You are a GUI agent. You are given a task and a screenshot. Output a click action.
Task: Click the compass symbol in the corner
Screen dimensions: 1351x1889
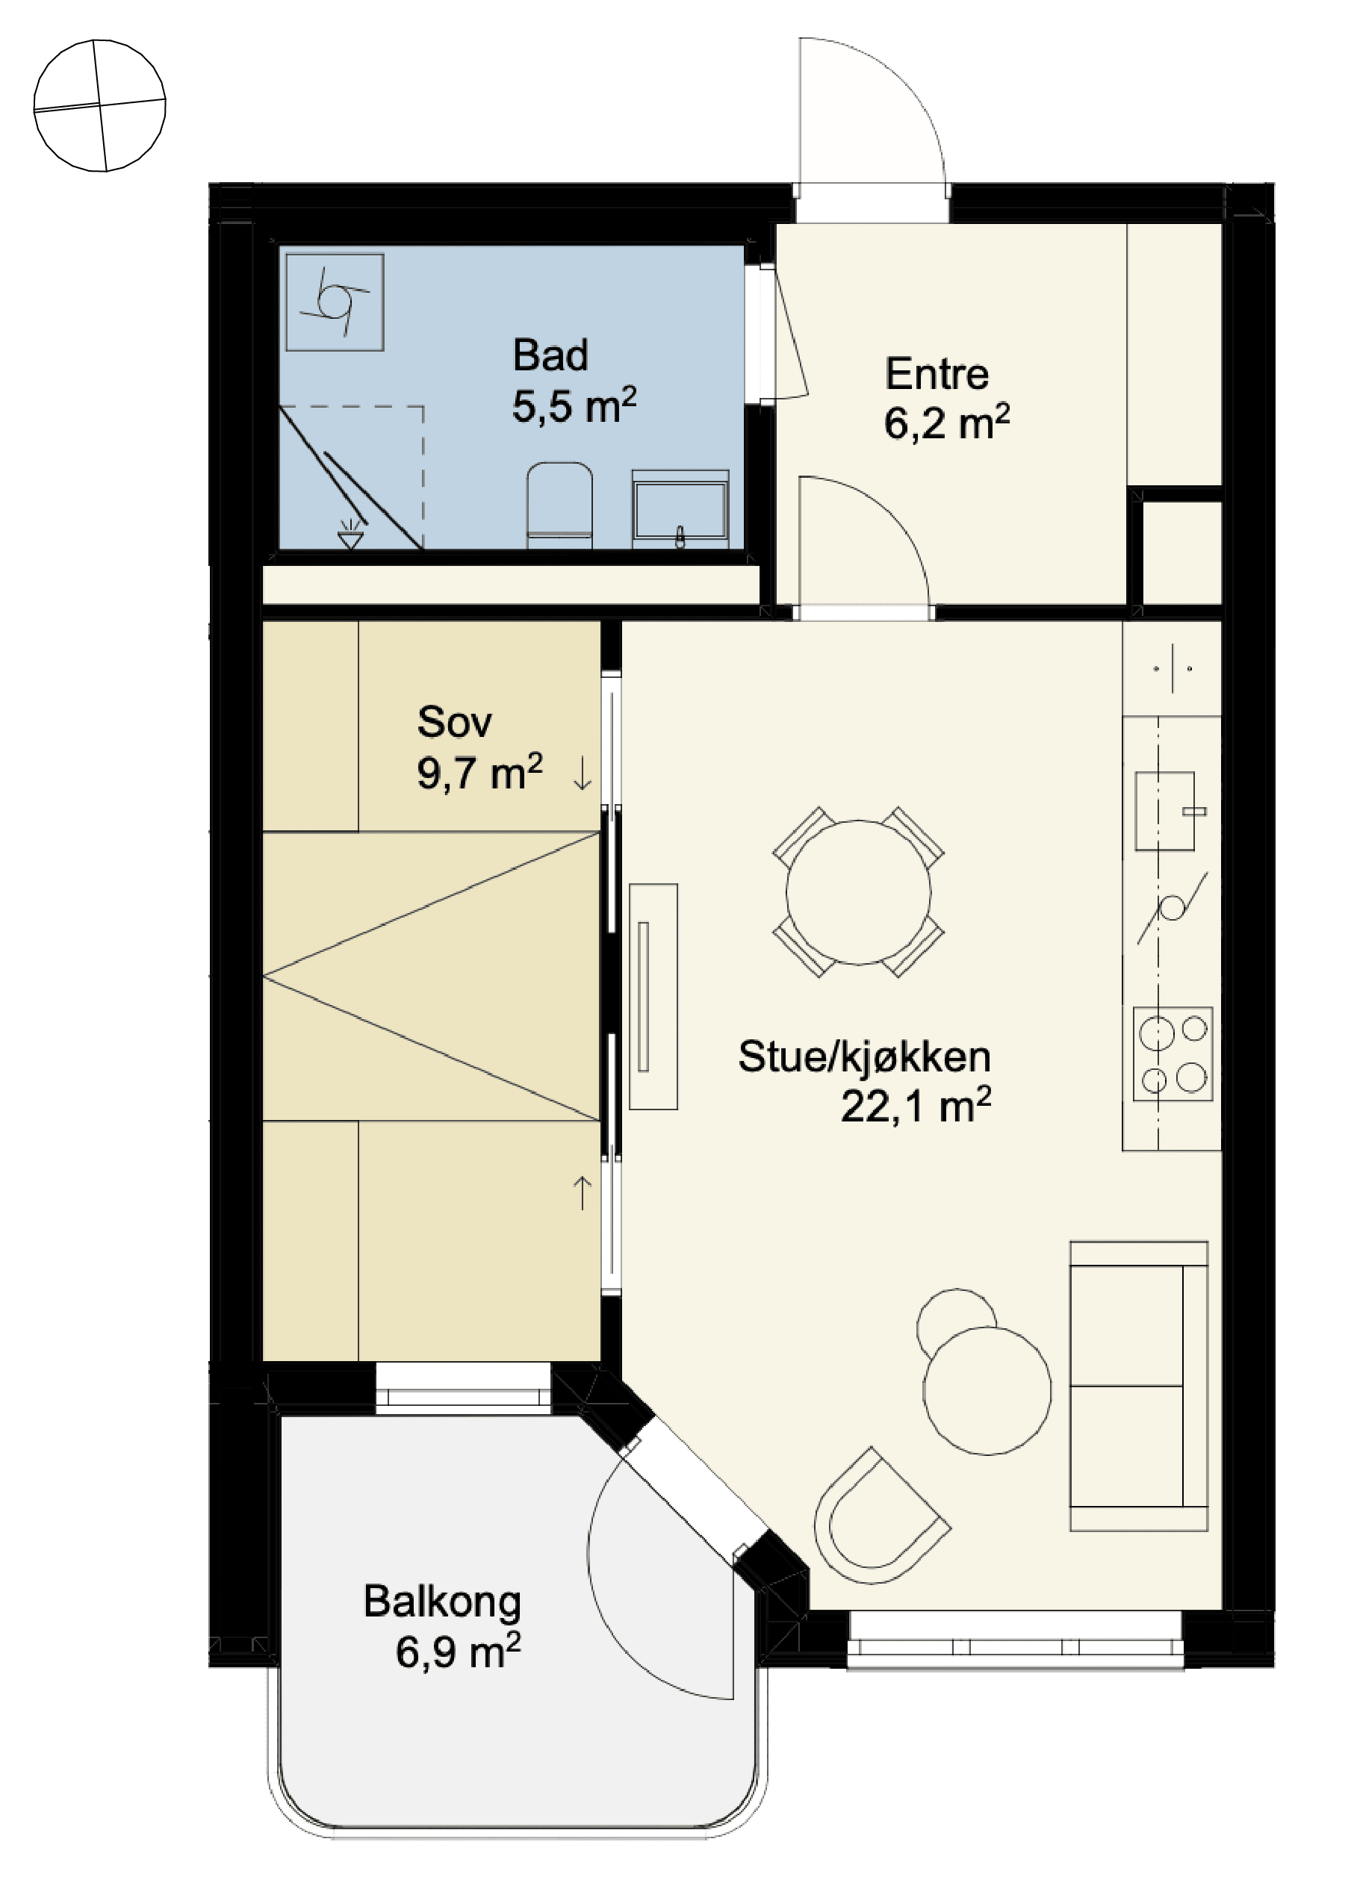100,105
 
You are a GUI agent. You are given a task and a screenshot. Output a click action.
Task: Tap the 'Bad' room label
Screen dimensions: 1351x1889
550,355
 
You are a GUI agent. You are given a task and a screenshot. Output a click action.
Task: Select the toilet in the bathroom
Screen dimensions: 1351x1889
560,505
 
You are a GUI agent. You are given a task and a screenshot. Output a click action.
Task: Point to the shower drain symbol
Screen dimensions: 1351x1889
351,535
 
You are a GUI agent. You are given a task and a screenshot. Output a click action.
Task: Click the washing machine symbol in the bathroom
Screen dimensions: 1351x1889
335,302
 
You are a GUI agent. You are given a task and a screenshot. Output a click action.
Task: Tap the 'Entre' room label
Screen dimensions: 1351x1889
937,373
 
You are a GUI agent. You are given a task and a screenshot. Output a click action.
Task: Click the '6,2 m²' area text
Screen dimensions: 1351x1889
947,423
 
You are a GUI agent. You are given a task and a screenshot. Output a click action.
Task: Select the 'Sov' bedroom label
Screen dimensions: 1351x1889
454,721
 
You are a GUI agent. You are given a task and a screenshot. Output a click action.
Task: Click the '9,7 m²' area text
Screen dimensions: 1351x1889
480,772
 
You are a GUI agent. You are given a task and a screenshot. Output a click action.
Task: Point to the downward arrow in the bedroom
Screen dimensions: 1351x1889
583,773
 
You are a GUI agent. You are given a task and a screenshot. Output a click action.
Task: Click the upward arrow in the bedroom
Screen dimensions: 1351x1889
583,1193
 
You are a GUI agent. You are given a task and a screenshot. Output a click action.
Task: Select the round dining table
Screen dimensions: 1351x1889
859,892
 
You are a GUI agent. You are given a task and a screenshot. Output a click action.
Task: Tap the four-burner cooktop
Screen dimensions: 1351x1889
1173,1054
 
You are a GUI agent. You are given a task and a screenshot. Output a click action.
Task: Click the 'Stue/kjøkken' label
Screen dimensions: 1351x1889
864,1056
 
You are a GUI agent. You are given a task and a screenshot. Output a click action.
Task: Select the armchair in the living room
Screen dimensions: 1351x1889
881,1516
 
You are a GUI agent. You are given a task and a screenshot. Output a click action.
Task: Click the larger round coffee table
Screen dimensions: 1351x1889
987,1391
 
